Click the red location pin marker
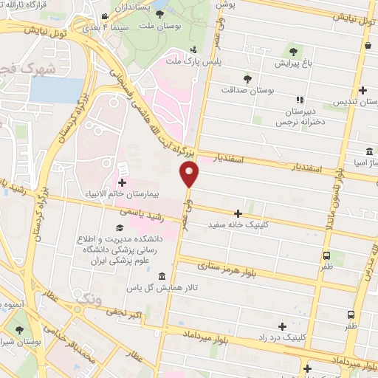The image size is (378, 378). pyautogui.click(x=190, y=173)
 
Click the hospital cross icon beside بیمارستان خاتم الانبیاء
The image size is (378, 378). pyautogui.click(x=122, y=182)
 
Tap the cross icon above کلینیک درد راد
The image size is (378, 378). pyautogui.click(x=281, y=326)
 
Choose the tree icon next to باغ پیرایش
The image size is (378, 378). pyautogui.click(x=293, y=52)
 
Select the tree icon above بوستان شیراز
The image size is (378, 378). pyautogui.click(x=19, y=330)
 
